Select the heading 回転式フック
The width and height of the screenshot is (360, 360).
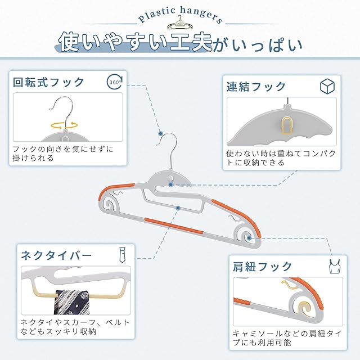[x=49, y=82]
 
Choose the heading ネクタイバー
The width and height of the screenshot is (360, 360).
[x=56, y=255]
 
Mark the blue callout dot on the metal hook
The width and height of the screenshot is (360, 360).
[x=161, y=134]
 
